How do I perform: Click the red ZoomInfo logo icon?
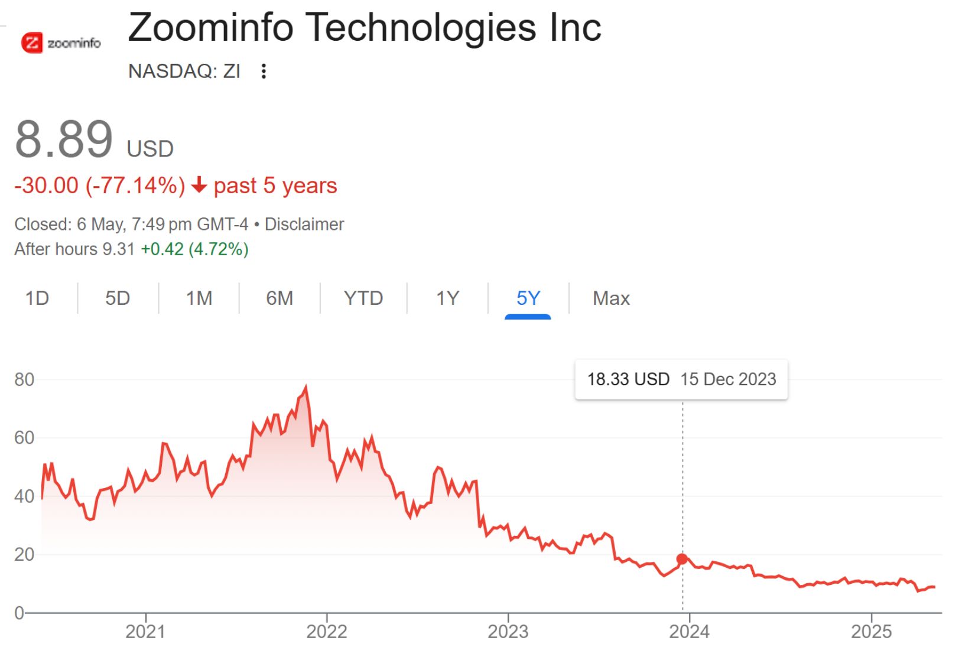point(32,43)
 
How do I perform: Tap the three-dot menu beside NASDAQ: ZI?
point(264,71)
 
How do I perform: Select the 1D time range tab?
point(37,298)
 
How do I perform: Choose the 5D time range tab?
point(118,298)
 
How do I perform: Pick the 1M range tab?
point(199,298)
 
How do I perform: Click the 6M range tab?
point(279,298)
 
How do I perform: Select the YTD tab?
point(363,298)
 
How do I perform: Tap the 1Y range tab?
point(447,298)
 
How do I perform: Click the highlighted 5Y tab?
point(528,298)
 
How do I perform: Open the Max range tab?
point(611,298)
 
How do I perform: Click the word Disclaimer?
point(304,225)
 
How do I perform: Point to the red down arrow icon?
point(199,186)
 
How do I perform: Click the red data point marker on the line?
point(682,559)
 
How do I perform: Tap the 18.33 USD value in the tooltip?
point(628,379)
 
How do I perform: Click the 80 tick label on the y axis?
point(24,379)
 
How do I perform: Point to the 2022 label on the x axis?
point(326,632)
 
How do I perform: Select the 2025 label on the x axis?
point(871,632)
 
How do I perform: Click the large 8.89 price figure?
point(64,139)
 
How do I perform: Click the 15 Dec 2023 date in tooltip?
point(728,379)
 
